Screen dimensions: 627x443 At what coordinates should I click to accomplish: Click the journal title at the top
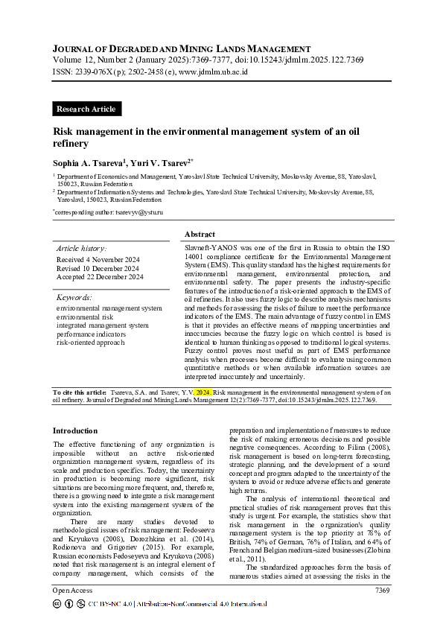pos(182,48)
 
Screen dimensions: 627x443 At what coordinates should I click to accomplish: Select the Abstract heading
pos(200,234)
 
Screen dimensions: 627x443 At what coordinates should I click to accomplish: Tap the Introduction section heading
pos(75,430)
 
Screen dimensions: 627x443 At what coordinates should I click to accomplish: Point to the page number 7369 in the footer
pos(381,590)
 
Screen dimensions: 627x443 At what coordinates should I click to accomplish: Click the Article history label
pos(81,248)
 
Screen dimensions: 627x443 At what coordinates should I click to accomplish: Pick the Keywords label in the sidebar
pos(74,297)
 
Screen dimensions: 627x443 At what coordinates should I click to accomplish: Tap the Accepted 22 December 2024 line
pos(100,277)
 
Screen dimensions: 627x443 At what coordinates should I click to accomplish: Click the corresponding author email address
pos(138,212)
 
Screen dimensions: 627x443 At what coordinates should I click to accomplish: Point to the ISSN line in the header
pos(150,72)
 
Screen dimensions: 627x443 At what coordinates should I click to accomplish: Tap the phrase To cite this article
pos(80,391)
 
